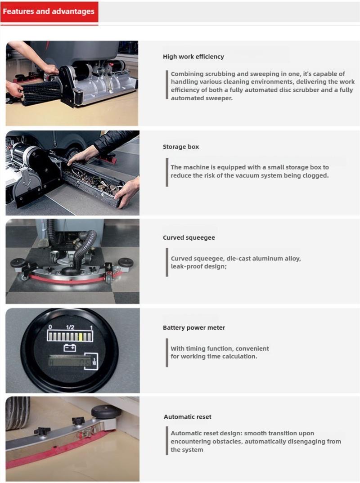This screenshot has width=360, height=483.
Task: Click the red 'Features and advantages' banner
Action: pyautogui.click(x=49, y=12)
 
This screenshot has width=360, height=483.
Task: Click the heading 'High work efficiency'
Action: pyautogui.click(x=193, y=57)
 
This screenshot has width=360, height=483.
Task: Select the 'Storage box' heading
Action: pyautogui.click(x=180, y=147)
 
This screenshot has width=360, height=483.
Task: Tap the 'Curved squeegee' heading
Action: pyautogui.click(x=189, y=237)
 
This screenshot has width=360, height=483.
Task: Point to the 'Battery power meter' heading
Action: pyautogui.click(x=194, y=327)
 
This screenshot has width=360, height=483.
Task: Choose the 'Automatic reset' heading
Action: pyautogui.click(x=187, y=417)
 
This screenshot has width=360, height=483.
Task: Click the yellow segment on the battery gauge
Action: pyautogui.click(x=81, y=337)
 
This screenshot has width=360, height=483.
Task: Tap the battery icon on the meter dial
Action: pyautogui.click(x=70, y=348)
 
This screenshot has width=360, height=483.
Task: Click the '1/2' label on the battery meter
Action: pyautogui.click(x=70, y=327)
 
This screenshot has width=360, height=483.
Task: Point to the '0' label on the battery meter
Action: pyautogui.click(x=50, y=327)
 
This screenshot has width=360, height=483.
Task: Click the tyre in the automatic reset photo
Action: pyautogui.click(x=18, y=413)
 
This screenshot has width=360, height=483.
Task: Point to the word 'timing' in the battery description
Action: pyautogui.click(x=195, y=349)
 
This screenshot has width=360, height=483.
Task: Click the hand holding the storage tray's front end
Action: pyautogui.click(x=127, y=192)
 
